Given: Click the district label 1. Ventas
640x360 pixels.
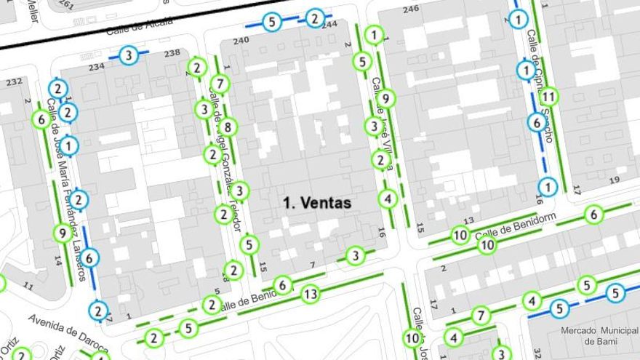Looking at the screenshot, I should (x=317, y=204).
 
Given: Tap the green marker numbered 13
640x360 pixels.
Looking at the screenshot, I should (x=310, y=294).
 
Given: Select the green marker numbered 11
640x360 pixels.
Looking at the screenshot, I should (x=549, y=95).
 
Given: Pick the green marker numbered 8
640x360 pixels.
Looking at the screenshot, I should (x=228, y=127).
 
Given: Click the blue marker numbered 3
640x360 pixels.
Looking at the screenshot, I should (x=128, y=55).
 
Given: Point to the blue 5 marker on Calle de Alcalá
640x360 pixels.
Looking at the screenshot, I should (x=272, y=22).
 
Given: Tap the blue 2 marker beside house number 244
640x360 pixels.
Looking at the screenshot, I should (x=315, y=17).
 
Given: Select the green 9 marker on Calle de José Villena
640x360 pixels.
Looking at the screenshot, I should (x=387, y=97).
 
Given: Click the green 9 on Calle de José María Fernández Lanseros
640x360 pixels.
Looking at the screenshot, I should (x=63, y=233).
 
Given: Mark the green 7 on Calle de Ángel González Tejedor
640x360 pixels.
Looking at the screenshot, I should (x=221, y=84).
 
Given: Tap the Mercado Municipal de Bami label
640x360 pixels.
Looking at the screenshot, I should (x=599, y=335).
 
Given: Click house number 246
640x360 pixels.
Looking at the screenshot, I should (x=411, y=9).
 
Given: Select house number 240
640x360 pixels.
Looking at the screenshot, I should (x=241, y=41).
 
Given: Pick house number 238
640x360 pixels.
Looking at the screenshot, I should (x=172, y=53).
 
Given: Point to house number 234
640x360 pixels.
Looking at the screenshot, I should (x=97, y=67).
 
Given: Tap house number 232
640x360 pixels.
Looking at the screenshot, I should (x=14, y=81).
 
